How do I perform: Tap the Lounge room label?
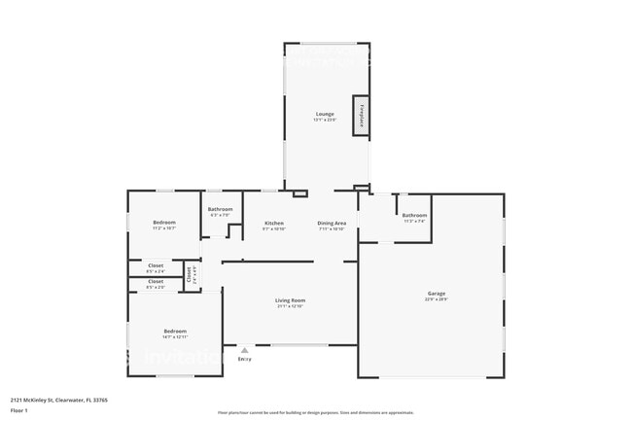tap(325, 114)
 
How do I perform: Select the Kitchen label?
tap(274, 224)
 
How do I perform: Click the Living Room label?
tap(291, 300)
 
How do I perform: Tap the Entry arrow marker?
tap(244, 350)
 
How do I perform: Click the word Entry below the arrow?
tap(244, 360)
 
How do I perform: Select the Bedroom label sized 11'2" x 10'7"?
tap(163, 223)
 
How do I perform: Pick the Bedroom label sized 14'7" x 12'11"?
tap(175, 332)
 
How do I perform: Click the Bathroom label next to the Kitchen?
tap(220, 209)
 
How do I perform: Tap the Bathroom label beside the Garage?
tap(415, 215)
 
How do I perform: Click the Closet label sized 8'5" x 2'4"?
tap(156, 265)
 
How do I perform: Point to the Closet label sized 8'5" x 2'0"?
tap(156, 283)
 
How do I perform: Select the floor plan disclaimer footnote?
tap(315, 412)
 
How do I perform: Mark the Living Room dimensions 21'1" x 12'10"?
tap(291, 306)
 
